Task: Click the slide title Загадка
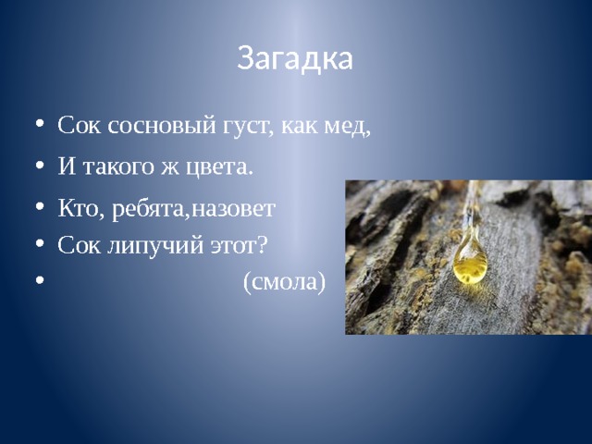[x=295, y=58]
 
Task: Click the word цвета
[x=219, y=166]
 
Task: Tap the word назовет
[x=233, y=209]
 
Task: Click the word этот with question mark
[x=239, y=244]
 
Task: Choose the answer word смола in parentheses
[x=284, y=282]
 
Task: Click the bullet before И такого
[x=40, y=166]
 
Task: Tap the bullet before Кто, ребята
[x=40, y=206]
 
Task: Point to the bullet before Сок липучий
[x=40, y=243]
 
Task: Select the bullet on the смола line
[x=40, y=280]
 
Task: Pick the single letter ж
[x=170, y=167]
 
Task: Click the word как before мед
[x=299, y=127]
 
